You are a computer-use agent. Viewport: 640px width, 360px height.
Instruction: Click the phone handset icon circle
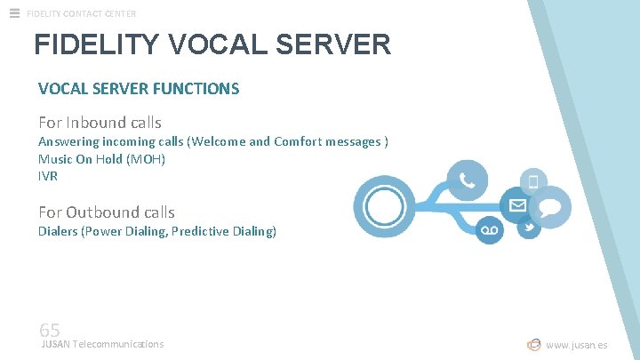467,181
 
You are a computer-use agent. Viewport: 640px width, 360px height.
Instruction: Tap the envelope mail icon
516,205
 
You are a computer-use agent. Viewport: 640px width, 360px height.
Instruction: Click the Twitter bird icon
529,228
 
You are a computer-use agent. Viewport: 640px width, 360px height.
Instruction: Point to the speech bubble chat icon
551,207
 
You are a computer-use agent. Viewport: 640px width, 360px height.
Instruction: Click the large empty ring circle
384,207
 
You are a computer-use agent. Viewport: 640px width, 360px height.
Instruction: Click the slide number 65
50,331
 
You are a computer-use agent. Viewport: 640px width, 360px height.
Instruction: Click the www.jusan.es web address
577,345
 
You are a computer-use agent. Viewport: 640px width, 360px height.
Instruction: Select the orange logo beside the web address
534,345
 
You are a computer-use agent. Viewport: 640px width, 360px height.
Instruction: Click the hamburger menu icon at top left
14,12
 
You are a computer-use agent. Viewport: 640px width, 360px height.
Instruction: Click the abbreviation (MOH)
146,159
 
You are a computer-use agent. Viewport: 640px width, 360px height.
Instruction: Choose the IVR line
48,176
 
